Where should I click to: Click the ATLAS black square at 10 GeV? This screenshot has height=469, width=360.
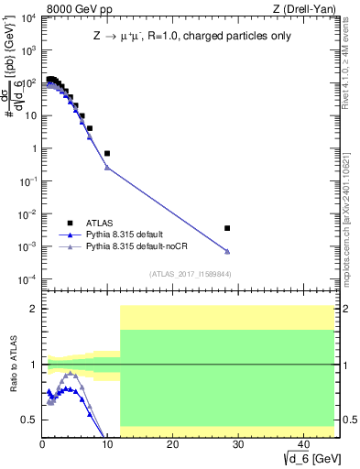(x=107, y=153)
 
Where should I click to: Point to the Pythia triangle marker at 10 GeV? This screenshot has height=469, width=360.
(x=107, y=168)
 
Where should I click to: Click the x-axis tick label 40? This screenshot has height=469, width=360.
(x=302, y=444)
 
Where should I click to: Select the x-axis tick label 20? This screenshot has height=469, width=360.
(x=172, y=444)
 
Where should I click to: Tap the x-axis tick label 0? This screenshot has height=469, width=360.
(x=42, y=444)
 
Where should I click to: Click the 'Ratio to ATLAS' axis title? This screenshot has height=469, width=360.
(x=13, y=365)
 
